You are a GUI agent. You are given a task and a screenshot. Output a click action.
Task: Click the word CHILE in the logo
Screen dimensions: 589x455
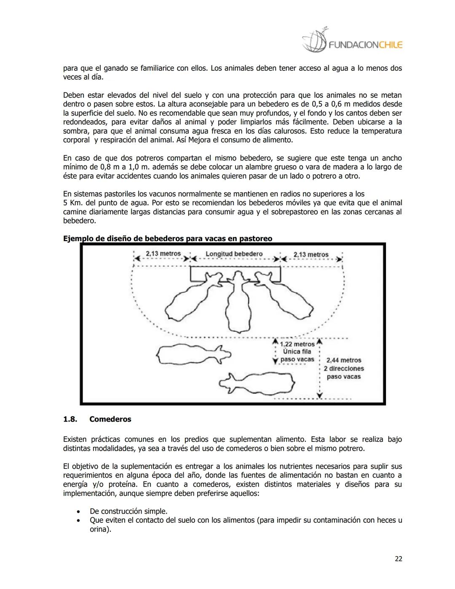pyautogui.click(x=391, y=45)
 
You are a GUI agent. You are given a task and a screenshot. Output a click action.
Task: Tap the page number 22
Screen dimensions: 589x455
pyautogui.click(x=398, y=559)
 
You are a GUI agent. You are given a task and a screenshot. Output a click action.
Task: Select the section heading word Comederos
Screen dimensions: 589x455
pyautogui.click(x=110, y=419)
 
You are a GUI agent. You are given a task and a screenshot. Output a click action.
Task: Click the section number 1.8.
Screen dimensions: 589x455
pyautogui.click(x=70, y=419)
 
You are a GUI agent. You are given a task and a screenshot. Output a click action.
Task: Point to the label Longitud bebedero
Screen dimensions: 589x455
pyautogui.click(x=234, y=254)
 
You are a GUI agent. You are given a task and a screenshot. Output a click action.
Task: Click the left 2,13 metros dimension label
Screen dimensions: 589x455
pyautogui.click(x=163, y=253)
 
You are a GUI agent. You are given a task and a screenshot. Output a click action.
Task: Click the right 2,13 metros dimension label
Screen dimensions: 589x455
pyautogui.click(x=310, y=254)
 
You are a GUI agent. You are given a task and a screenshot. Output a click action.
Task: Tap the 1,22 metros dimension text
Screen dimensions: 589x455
pyautogui.click(x=297, y=344)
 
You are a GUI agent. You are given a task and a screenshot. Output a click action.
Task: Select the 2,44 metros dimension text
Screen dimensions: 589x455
pyautogui.click(x=344, y=360)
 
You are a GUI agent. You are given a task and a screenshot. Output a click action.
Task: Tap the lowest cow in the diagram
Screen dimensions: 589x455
pyautogui.click(x=257, y=383)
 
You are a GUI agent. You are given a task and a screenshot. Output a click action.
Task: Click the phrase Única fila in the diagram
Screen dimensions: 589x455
pyautogui.click(x=297, y=352)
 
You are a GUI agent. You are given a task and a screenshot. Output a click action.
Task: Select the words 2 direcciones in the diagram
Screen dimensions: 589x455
pyautogui.click(x=344, y=368)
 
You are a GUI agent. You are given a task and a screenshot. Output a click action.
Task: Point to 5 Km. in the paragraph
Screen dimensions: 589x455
pyautogui.click(x=72, y=203)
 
